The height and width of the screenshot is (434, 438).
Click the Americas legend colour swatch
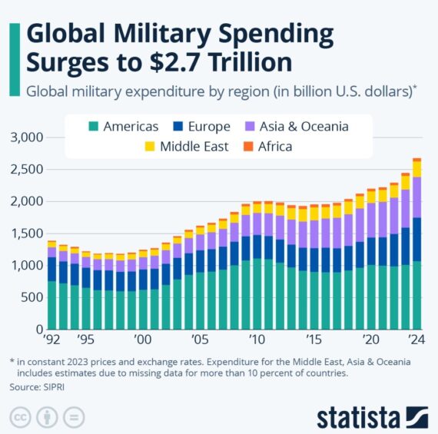pyautogui.click(x=95, y=127)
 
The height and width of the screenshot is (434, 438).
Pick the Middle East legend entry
pyautogui.click(x=185, y=146)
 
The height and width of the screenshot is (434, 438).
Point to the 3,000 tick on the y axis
pyautogui.click(x=26, y=137)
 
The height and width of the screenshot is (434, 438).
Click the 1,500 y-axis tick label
pyautogui.click(x=26, y=234)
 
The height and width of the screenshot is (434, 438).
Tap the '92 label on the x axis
pyautogui.click(x=52, y=340)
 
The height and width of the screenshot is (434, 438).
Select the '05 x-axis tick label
pyautogui.click(x=199, y=340)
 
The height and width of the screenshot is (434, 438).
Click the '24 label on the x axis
pyautogui.click(x=416, y=340)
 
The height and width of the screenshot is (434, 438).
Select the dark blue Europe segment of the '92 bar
pyautogui.click(x=52, y=269)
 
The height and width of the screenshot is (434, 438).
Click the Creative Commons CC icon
pyautogui.click(x=21, y=416)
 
